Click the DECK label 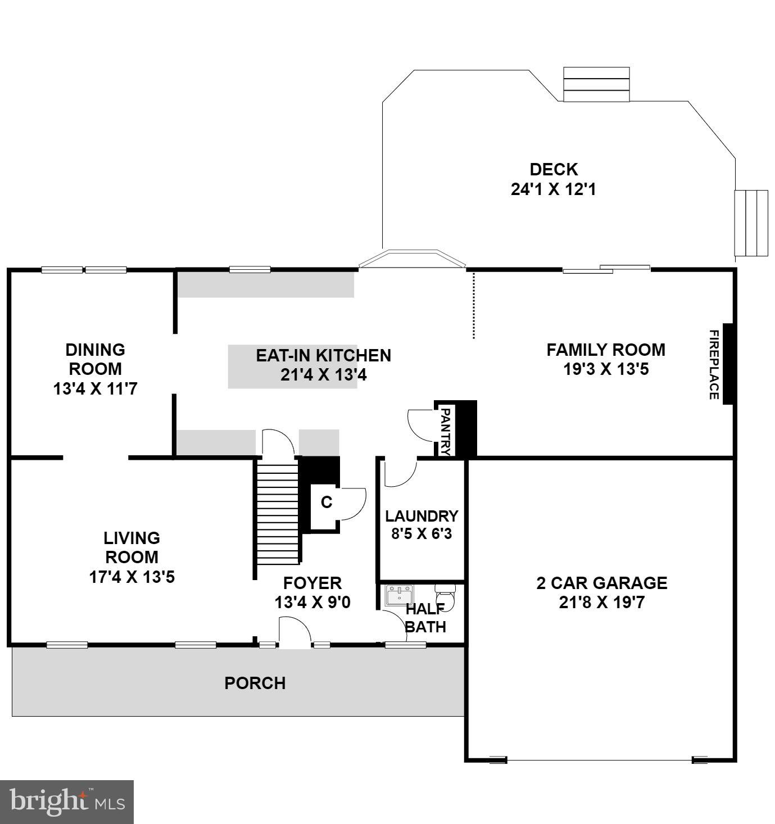[x=553, y=169]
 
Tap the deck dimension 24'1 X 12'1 [x=553, y=189]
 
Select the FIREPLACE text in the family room [x=713, y=364]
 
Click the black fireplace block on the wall [x=728, y=364]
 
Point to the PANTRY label [x=445, y=431]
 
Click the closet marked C [x=326, y=502]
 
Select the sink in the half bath [x=399, y=595]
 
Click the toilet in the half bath [x=447, y=596]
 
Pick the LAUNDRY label [x=422, y=516]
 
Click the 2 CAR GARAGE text [x=601, y=583]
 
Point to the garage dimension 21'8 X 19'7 [x=601, y=603]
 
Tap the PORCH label [x=255, y=683]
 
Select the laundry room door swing [x=400, y=473]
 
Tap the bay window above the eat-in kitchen [x=413, y=259]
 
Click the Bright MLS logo [x=67, y=802]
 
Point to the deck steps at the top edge [x=596, y=84]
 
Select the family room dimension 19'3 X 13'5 [x=606, y=369]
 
